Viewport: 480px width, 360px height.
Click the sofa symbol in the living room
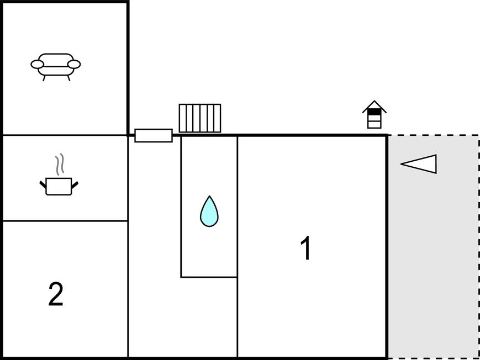[55, 65]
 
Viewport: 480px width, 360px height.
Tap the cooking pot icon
[59, 186]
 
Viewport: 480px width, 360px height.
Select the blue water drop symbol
[209, 213]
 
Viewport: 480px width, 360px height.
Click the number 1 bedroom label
[305, 248]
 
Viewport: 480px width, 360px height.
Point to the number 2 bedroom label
[56, 294]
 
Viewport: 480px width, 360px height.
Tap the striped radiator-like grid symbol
[199, 118]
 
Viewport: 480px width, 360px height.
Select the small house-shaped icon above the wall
[374, 115]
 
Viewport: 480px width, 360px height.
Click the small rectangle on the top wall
[153, 135]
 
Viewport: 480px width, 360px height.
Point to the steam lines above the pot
[60, 165]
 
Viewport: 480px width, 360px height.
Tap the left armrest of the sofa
[37, 65]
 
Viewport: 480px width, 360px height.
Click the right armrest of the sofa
[74, 65]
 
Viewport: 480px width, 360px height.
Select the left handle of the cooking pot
[43, 184]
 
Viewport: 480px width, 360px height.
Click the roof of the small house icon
[374, 105]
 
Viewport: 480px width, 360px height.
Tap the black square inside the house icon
[374, 112]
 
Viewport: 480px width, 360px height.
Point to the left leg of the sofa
[44, 77]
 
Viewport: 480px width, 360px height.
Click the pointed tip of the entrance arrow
[402, 163]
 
